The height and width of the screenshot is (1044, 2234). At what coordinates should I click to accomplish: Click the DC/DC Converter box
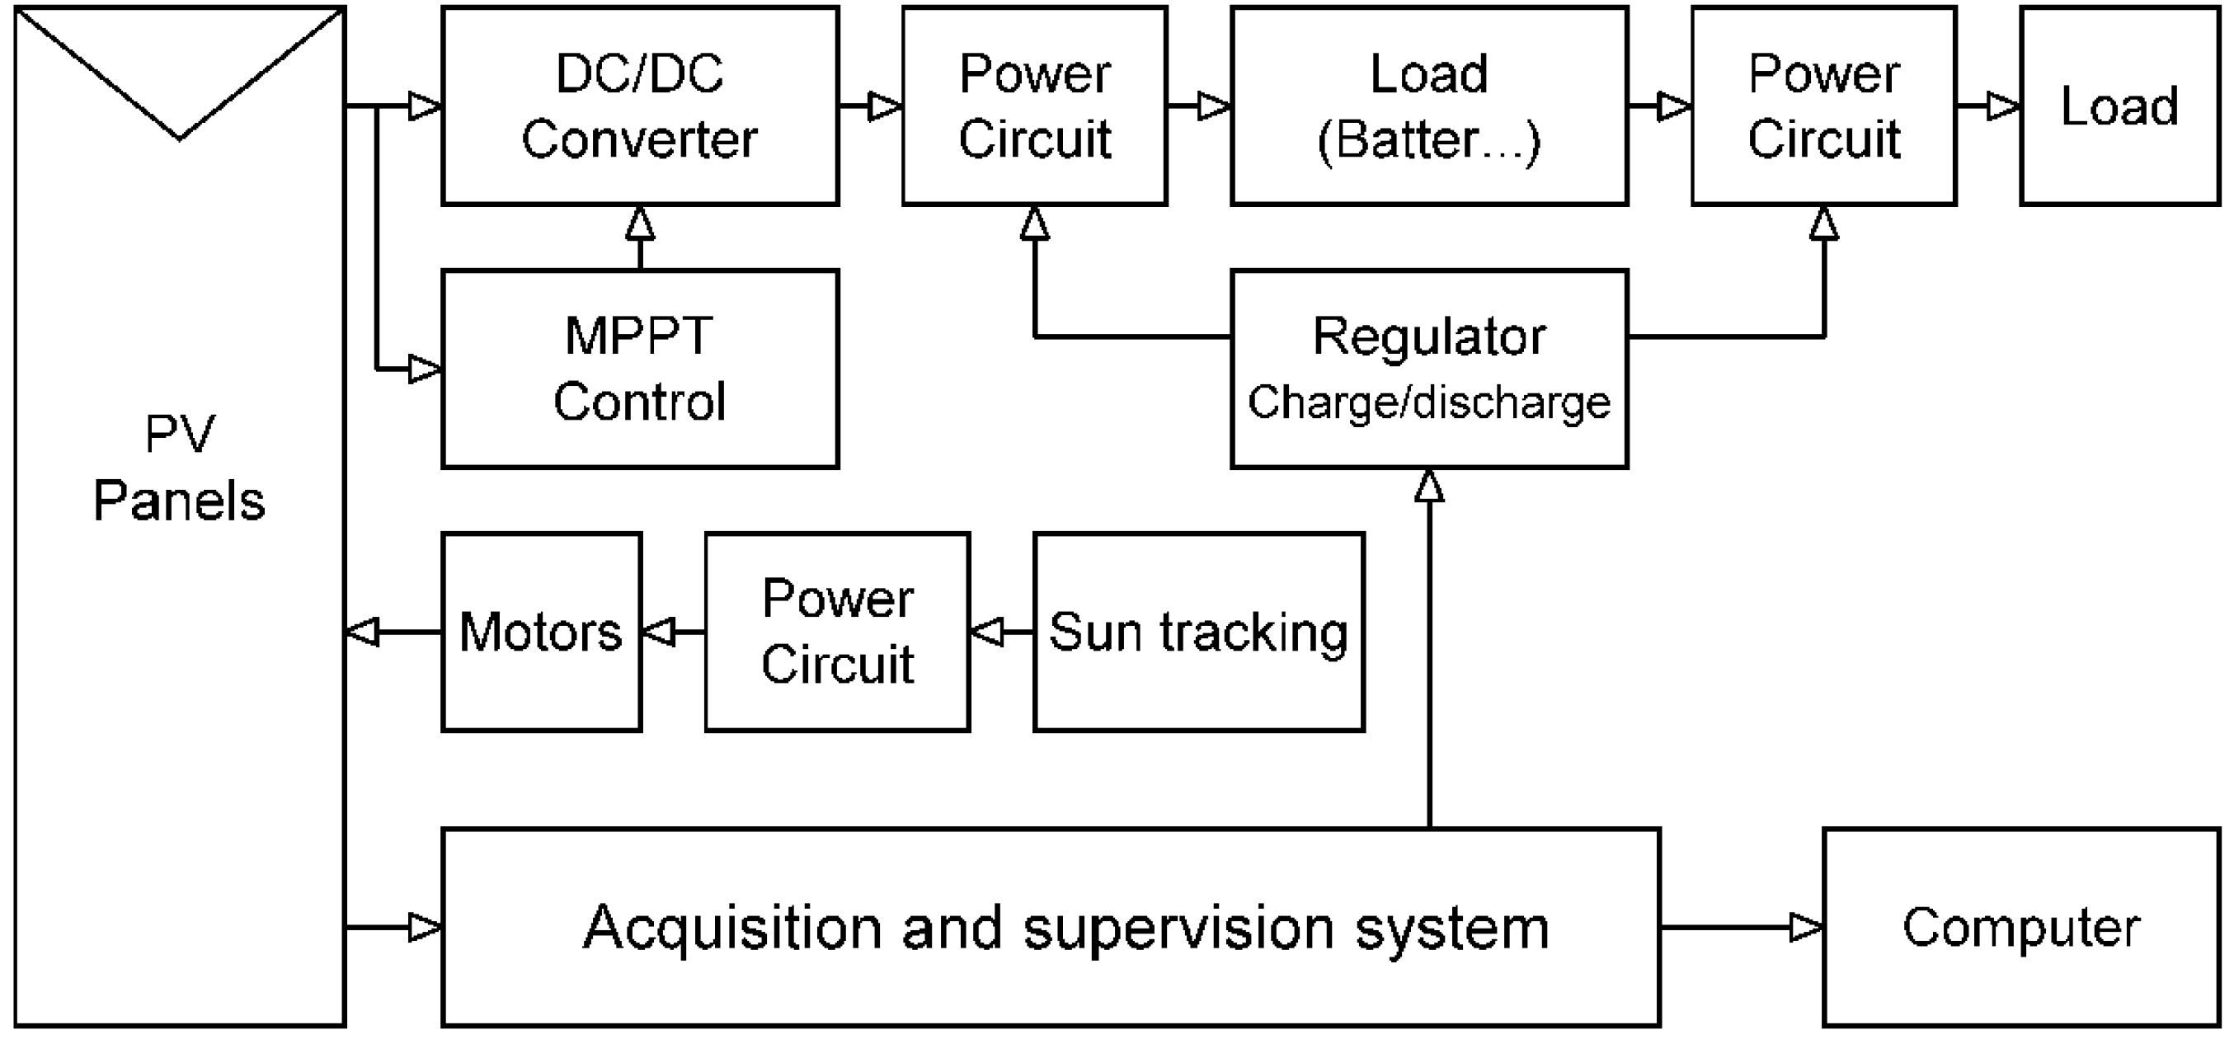(640, 106)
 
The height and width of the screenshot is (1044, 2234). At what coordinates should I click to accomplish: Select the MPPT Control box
(640, 369)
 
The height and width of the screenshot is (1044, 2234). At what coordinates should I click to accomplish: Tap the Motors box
(541, 633)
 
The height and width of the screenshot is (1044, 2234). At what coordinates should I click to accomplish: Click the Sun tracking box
(1198, 633)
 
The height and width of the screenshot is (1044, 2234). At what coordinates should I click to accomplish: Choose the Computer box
(2020, 928)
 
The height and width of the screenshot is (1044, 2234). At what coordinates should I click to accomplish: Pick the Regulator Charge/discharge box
(1429, 369)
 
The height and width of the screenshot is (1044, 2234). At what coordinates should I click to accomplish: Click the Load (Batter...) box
(1429, 106)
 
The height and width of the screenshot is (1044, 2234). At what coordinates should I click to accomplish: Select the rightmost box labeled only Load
(2119, 106)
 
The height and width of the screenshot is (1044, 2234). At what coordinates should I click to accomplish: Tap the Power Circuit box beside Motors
(837, 633)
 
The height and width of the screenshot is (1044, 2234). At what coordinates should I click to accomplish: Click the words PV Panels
(180, 468)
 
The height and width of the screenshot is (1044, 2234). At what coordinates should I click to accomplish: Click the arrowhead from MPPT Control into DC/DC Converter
(640, 223)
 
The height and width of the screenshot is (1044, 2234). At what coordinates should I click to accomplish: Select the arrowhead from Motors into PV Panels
(363, 633)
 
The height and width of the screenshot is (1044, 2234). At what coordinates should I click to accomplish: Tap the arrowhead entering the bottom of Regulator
(1429, 486)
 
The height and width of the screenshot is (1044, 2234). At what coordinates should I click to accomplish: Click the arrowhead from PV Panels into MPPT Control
(425, 369)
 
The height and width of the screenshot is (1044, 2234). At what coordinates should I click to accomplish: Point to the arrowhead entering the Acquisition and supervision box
(425, 928)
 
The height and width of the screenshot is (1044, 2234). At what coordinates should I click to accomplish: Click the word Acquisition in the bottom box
(733, 928)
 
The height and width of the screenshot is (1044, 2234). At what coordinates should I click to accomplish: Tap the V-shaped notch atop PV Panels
(180, 104)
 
